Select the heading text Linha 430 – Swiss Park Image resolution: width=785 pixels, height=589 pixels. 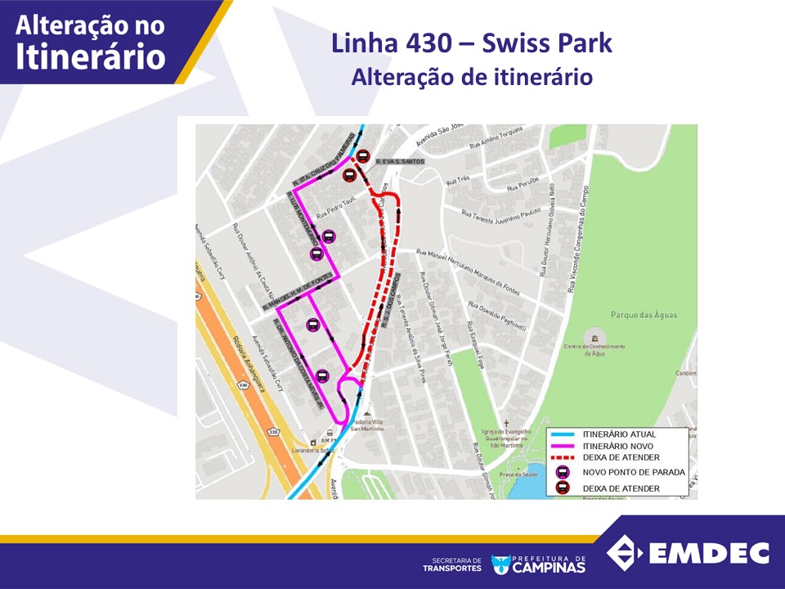tap(471, 43)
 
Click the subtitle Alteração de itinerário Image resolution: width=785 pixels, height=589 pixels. tap(471, 77)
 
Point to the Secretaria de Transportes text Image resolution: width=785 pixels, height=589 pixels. tap(452, 564)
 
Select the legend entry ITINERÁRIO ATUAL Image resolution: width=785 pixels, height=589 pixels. tap(619, 434)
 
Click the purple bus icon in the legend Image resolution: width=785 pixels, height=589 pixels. tap(563, 472)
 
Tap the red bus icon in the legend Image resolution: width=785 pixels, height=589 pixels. tap(563, 488)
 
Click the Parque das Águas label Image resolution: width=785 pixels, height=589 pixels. tap(648, 315)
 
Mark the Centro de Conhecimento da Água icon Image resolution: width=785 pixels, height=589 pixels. tap(595, 338)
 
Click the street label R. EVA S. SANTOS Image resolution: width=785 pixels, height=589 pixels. tap(400, 162)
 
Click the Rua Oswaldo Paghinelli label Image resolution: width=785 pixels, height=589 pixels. tap(497, 315)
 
